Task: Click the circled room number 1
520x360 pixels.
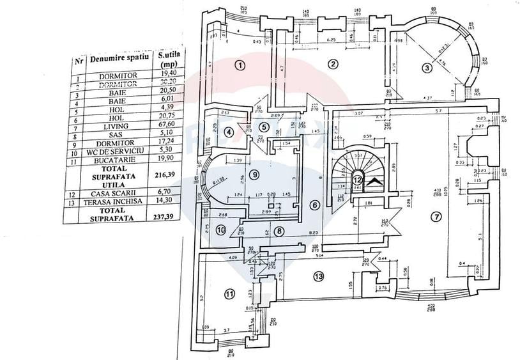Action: coord(240,64)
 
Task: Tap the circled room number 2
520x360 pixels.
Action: coord(332,63)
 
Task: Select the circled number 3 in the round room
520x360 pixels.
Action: coord(427,68)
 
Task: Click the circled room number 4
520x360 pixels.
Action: coord(229,132)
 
